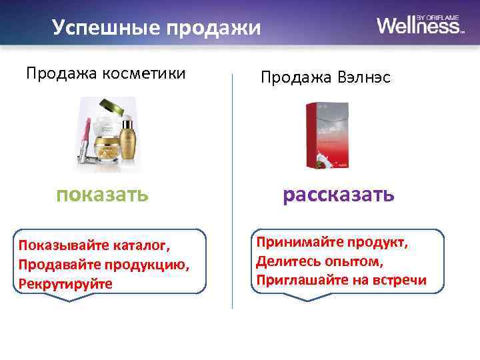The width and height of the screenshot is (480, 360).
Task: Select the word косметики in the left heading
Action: pos(145,73)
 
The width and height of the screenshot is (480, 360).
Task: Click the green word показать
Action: pos(102,195)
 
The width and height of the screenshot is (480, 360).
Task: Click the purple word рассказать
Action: pos(339,195)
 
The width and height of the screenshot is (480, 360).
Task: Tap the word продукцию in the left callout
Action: pos(152,265)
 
